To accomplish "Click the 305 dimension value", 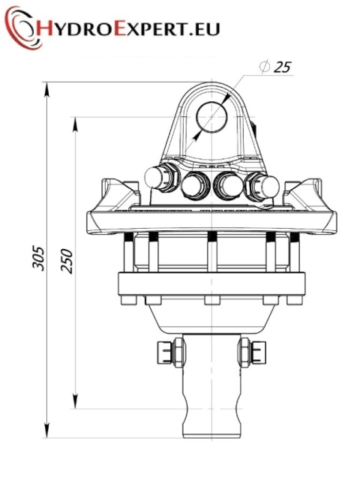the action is pyautogui.click(x=39, y=258).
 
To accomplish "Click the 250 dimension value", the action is pyautogui.click(x=67, y=261).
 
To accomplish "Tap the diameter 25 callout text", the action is pyautogui.click(x=275, y=67).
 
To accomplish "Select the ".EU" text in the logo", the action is pyautogui.click(x=205, y=29).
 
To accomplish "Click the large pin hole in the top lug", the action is pyautogui.click(x=211, y=117).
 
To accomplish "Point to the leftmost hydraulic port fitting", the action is pyautogui.click(x=160, y=178).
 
